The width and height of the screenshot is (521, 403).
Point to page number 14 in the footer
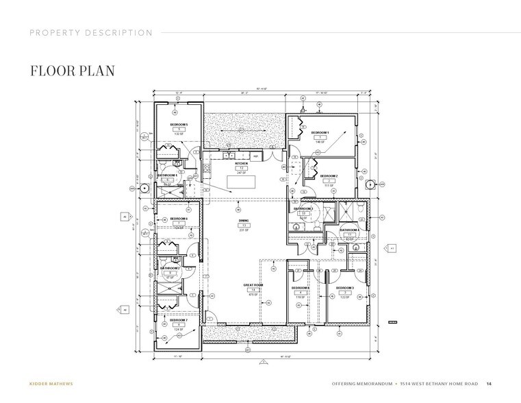489,382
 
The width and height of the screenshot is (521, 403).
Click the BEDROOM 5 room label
179,123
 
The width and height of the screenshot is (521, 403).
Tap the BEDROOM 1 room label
320,132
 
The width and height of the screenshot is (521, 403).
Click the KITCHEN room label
241,163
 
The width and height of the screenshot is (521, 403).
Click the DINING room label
243,220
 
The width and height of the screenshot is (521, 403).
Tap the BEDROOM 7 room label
179,319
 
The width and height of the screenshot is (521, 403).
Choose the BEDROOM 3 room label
344,287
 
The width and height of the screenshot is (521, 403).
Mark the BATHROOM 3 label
304,208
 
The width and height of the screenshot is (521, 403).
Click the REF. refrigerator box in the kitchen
256,156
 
